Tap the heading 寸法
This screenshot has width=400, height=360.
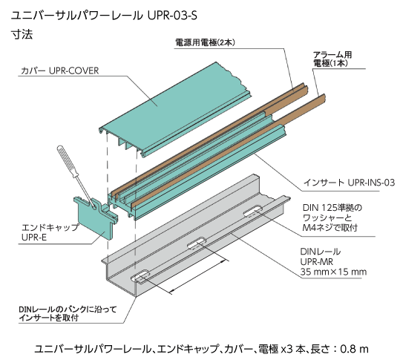pos(22,34)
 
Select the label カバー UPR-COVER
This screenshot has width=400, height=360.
pos(59,71)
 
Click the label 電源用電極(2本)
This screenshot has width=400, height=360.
pos(205,42)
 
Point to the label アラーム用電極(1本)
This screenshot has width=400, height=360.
pos(332,59)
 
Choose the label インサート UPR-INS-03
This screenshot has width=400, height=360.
pos(349,183)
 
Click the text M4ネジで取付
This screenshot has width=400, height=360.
pos(330,227)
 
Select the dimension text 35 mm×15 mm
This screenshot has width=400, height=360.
pos(333,272)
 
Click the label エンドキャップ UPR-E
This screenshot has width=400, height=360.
pos(50,232)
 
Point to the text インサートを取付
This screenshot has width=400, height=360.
pos(48,318)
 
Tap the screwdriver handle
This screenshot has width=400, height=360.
pos(68,161)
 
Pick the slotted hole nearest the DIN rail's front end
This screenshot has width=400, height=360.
pos(140,276)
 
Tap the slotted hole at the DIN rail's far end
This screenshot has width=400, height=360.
pos(253,212)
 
